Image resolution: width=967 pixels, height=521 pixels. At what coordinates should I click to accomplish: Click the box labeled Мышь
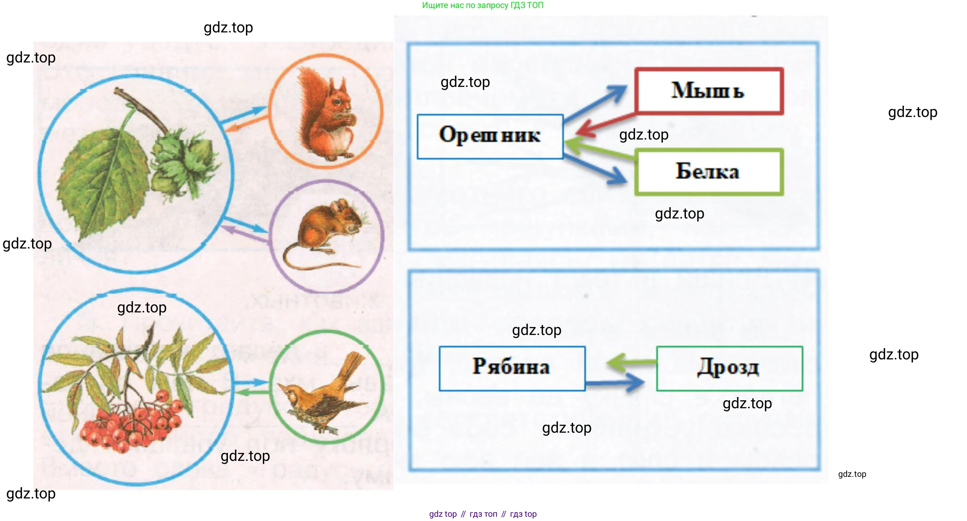point(709,91)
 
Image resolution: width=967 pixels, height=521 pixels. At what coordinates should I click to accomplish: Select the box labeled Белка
point(709,172)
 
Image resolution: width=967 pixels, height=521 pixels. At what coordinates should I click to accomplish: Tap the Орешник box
point(490,136)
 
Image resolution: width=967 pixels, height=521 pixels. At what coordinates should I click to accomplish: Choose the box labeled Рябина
point(512,368)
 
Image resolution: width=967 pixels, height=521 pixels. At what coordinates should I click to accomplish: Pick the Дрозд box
point(729,368)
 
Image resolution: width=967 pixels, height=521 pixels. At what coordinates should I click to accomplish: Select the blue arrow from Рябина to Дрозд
point(616,383)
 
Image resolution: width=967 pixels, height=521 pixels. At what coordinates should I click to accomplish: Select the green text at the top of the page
point(482,5)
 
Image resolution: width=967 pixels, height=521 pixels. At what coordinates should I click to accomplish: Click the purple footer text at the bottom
point(482,514)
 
